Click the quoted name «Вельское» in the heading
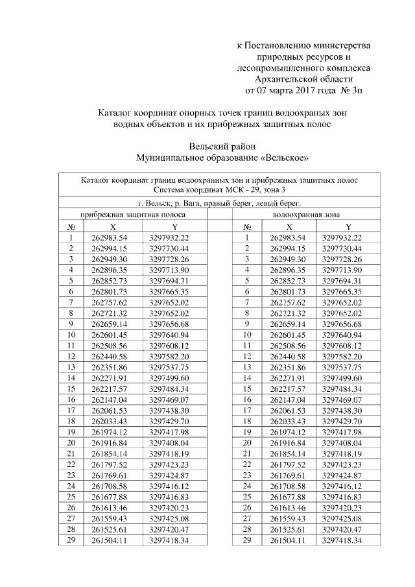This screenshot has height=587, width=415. [280, 158]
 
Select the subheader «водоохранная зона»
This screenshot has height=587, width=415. [305, 213]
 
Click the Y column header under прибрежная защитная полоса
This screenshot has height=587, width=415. [174, 226]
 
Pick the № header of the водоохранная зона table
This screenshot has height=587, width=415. [247, 226]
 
